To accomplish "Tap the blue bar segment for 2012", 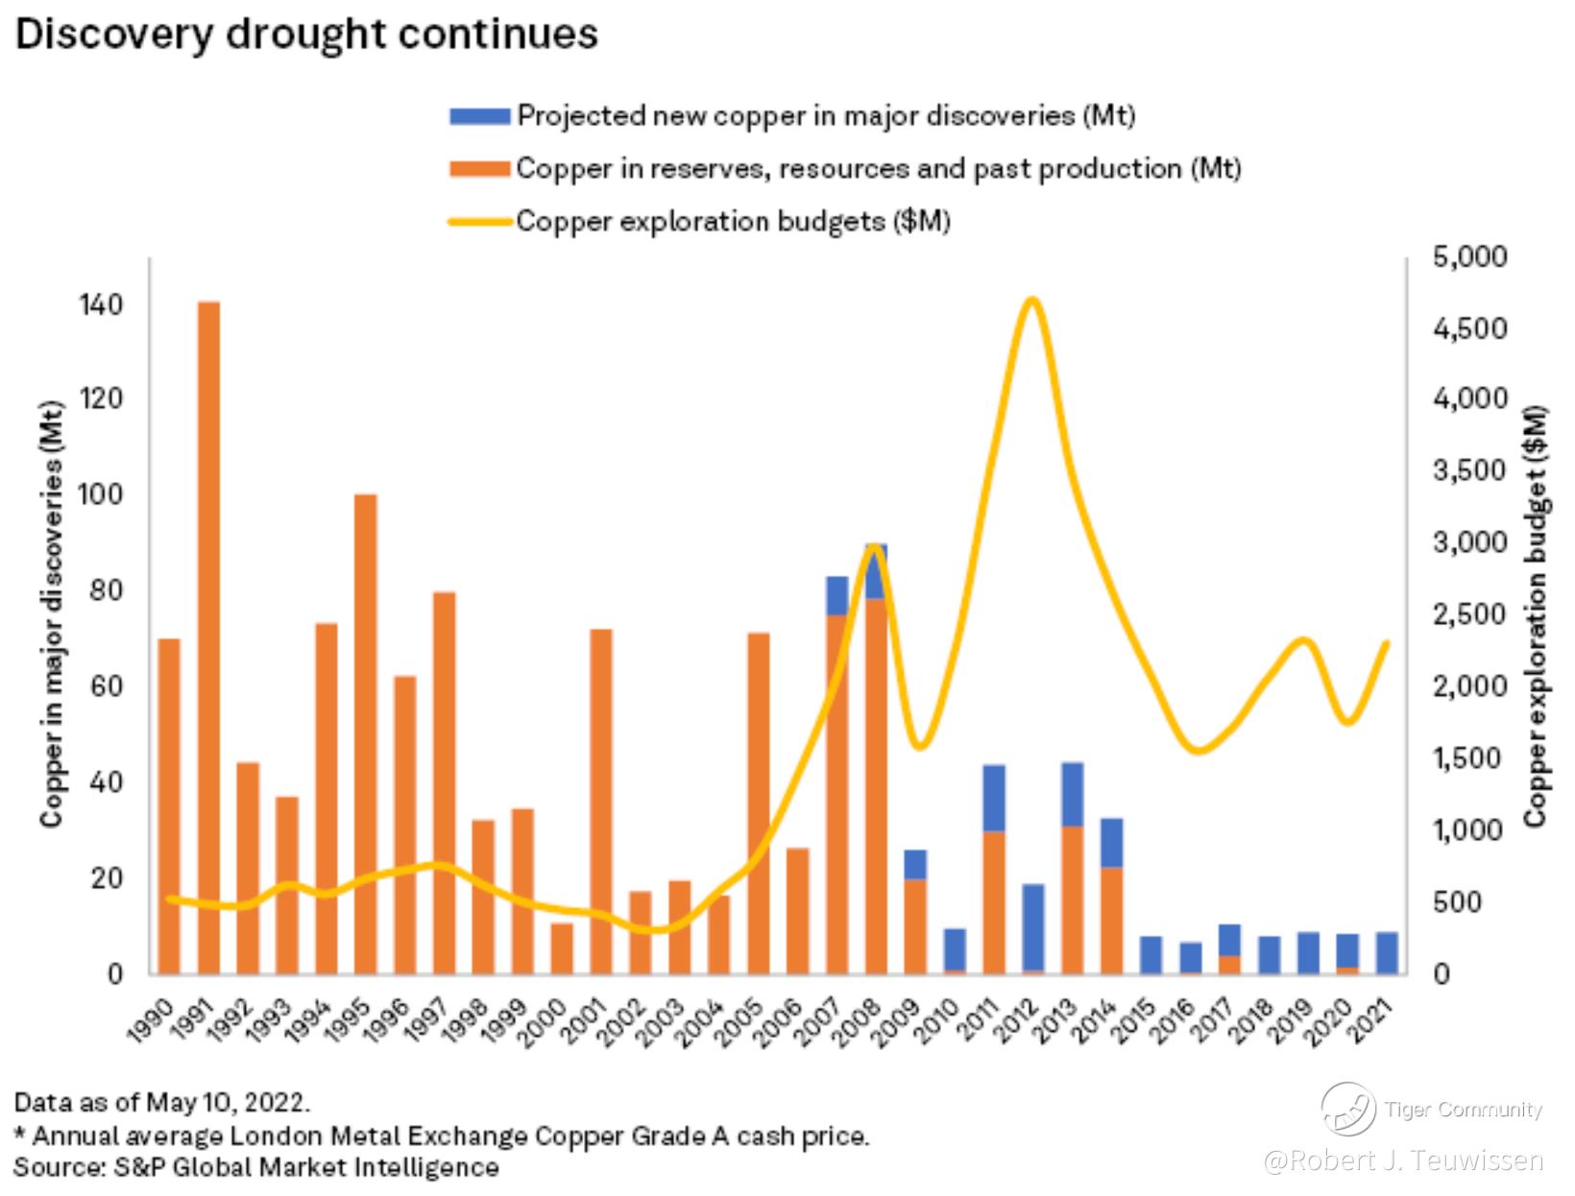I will pyautogui.click(x=1032, y=927).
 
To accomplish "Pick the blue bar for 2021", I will pyautogui.click(x=1386, y=952).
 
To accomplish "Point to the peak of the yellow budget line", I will pyautogui.click(x=1031, y=300).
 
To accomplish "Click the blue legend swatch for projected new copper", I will pyautogui.click(x=479, y=116).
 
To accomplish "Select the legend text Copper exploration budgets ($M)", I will pyautogui.click(x=733, y=221).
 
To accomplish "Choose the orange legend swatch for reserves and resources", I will pyautogui.click(x=479, y=169).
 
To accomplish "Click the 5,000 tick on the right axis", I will pyautogui.click(x=1469, y=257).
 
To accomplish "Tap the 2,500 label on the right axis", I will pyautogui.click(x=1469, y=614).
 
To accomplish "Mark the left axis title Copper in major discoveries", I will pyautogui.click(x=52, y=614).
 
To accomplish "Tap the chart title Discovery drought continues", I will pyautogui.click(x=306, y=36).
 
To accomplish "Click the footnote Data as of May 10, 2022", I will pyautogui.click(x=162, y=1100).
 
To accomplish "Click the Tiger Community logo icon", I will pyautogui.click(x=1347, y=1109).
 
